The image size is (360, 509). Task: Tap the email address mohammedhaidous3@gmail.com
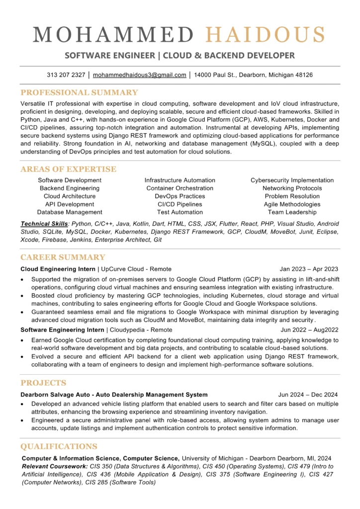pyautogui.click(x=140, y=75)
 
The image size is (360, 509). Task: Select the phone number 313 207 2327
pyautogui.click(x=66, y=75)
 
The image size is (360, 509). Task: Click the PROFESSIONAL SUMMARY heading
pyautogui.click(x=79, y=92)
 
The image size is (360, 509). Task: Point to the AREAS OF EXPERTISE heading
pyautogui.click(x=68, y=169)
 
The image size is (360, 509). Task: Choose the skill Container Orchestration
pyautogui.click(x=180, y=188)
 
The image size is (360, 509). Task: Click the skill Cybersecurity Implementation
pyautogui.click(x=292, y=180)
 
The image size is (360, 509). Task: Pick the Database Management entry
pyautogui.click(x=70, y=212)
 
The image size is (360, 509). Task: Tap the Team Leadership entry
pyautogui.click(x=292, y=212)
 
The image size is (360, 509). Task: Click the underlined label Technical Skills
pyautogui.click(x=44, y=224)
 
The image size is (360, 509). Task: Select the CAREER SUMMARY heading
pyautogui.click(x=63, y=257)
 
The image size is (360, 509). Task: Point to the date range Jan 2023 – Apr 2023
pyautogui.click(x=309, y=269)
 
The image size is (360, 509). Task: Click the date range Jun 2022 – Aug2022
pyautogui.click(x=309, y=330)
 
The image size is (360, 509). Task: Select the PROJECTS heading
pyautogui.click(x=43, y=383)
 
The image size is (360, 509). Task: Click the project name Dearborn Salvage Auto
pyautogui.click(x=59, y=395)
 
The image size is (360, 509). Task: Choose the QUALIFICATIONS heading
pyautogui.click(x=59, y=446)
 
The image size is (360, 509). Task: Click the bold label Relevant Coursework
pyautogui.click(x=54, y=466)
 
